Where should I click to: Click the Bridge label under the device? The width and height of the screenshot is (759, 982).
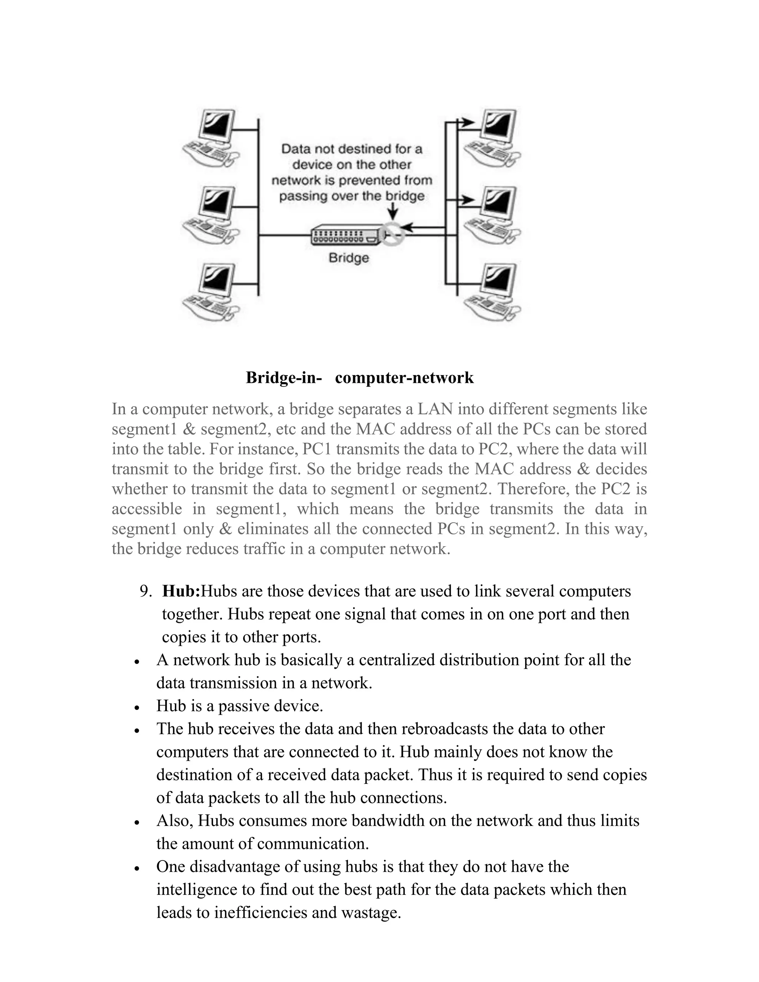(x=348, y=258)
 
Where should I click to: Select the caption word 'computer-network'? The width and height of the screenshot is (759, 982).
(x=404, y=378)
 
